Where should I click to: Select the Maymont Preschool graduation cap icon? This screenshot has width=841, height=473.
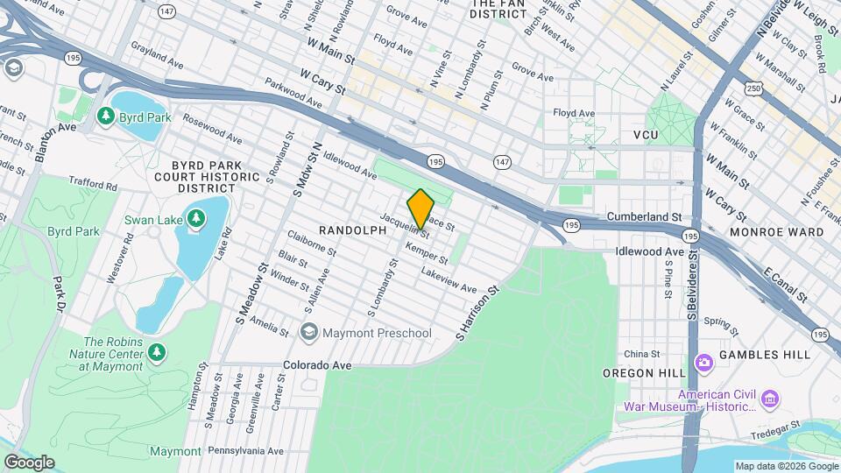click(x=308, y=332)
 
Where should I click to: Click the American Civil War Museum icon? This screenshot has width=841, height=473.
click(x=770, y=399)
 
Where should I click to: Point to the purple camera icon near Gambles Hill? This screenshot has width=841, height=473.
click(x=703, y=363)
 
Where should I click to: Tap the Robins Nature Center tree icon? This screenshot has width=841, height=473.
click(x=157, y=353)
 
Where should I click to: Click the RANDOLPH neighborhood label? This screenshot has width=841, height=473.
click(x=352, y=230)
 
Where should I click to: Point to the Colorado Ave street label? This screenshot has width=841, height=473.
click(x=316, y=364)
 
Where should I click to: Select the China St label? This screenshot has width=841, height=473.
click(x=641, y=354)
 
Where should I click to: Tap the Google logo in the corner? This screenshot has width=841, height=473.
click(x=29, y=462)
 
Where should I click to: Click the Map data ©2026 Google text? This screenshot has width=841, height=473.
click(x=786, y=465)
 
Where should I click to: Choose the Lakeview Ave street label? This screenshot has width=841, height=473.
click(x=449, y=281)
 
